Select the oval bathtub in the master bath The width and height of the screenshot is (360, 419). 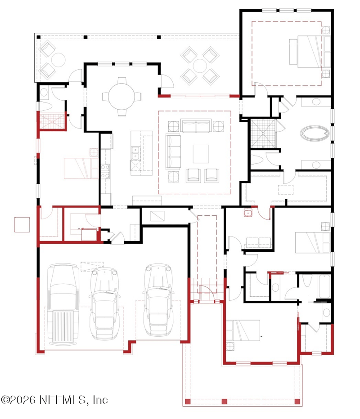[315, 133]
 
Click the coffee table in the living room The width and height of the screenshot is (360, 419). [201, 154]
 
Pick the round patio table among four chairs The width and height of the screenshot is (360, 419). [200, 66]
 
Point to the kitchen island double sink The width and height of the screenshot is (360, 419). [135, 153]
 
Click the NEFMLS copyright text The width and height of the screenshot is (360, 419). [54, 400]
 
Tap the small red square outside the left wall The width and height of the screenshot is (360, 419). [22, 225]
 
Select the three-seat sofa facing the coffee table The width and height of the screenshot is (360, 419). [173, 152]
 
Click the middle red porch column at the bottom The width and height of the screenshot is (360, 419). [225, 401]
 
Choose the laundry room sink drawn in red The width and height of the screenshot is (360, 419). [247, 213]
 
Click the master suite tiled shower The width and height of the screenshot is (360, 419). [263, 134]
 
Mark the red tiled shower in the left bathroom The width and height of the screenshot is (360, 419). [52, 121]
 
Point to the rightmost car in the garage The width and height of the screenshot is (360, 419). [158, 300]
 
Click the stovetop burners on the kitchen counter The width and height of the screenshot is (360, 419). [105, 171]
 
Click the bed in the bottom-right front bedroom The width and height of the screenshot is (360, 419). [243, 330]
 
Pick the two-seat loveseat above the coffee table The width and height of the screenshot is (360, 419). [196, 125]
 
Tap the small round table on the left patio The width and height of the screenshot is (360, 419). [58, 60]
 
